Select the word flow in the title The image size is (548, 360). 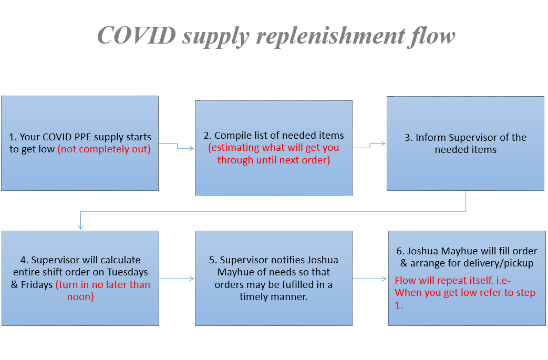click(430, 36)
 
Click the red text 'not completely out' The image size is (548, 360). click(104, 149)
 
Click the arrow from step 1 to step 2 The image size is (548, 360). click(177, 146)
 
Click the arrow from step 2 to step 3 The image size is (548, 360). click(370, 146)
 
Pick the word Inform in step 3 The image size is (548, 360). click(429, 138)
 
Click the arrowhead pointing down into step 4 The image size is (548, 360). click(80, 226)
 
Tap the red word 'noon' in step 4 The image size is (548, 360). click(80, 297)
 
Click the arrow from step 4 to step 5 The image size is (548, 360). click(177, 279)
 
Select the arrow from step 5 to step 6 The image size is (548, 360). click(370, 279)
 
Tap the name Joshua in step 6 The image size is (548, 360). click(426, 251)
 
